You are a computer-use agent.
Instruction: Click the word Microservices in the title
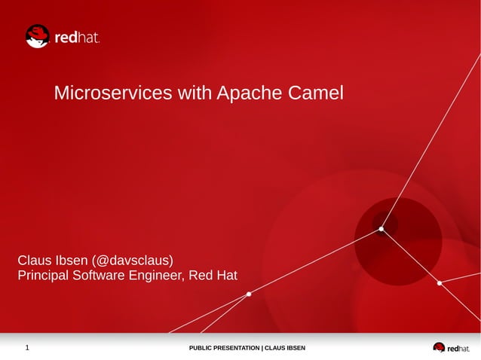[x=113, y=93]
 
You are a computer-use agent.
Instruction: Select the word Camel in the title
[x=315, y=93]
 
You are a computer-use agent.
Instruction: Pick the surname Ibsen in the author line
[x=72, y=261]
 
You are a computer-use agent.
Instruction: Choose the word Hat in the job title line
[x=226, y=276]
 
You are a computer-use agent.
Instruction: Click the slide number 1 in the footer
[x=27, y=348]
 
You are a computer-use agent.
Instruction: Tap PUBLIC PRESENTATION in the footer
[x=224, y=348]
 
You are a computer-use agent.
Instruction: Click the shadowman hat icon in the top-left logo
[x=37, y=36]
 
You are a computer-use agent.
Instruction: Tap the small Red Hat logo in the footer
[x=450, y=348]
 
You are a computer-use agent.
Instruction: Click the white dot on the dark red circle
[x=381, y=229]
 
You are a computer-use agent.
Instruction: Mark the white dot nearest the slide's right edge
[x=440, y=283]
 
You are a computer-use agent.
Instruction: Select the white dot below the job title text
[x=249, y=294]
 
